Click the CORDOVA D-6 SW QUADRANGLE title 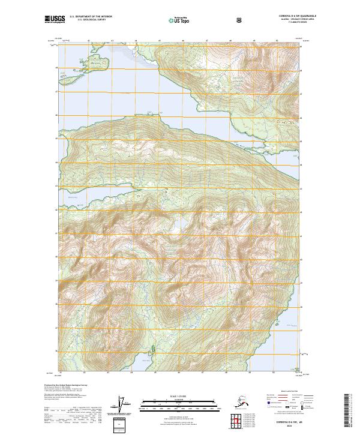(x=281, y=17)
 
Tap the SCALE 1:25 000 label (x=179, y=396)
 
